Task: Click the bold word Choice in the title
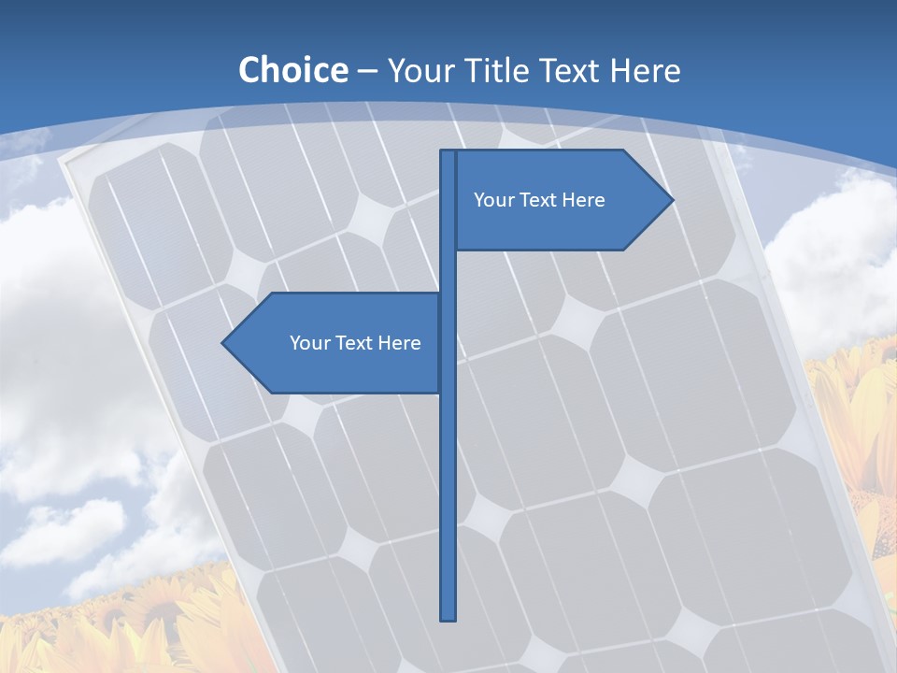[292, 70]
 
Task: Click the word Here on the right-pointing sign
[583, 200]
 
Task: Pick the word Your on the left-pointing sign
[309, 343]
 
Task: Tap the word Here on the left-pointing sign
[399, 343]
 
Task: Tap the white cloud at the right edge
[836, 252]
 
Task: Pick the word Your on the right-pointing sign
[493, 200]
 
